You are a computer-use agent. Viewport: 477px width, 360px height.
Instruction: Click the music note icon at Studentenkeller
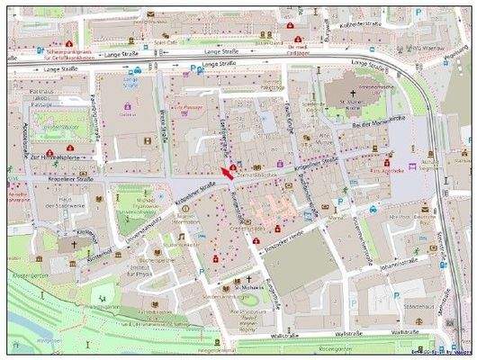tap(179, 236)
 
